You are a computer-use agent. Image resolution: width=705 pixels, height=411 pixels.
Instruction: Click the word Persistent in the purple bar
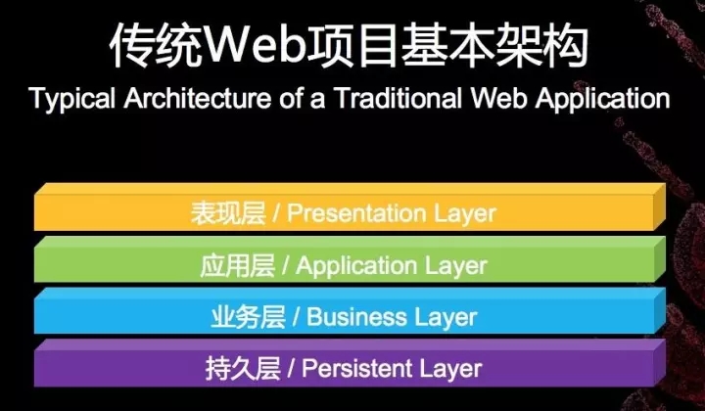pyautogui.click(x=355, y=369)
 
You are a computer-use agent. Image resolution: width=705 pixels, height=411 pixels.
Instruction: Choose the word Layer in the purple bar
pyautogui.click(x=450, y=369)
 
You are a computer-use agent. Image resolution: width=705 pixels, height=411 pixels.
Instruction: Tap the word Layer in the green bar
pyautogui.click(x=455, y=265)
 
